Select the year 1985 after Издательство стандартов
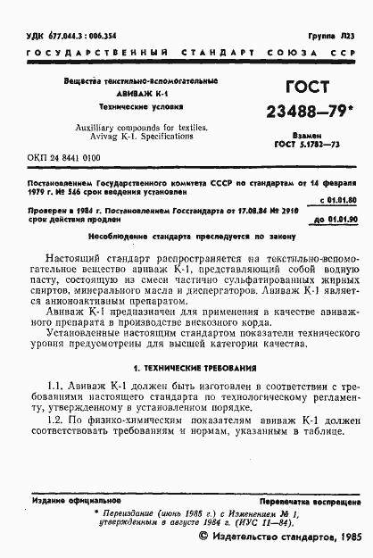[x=344, y=537]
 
